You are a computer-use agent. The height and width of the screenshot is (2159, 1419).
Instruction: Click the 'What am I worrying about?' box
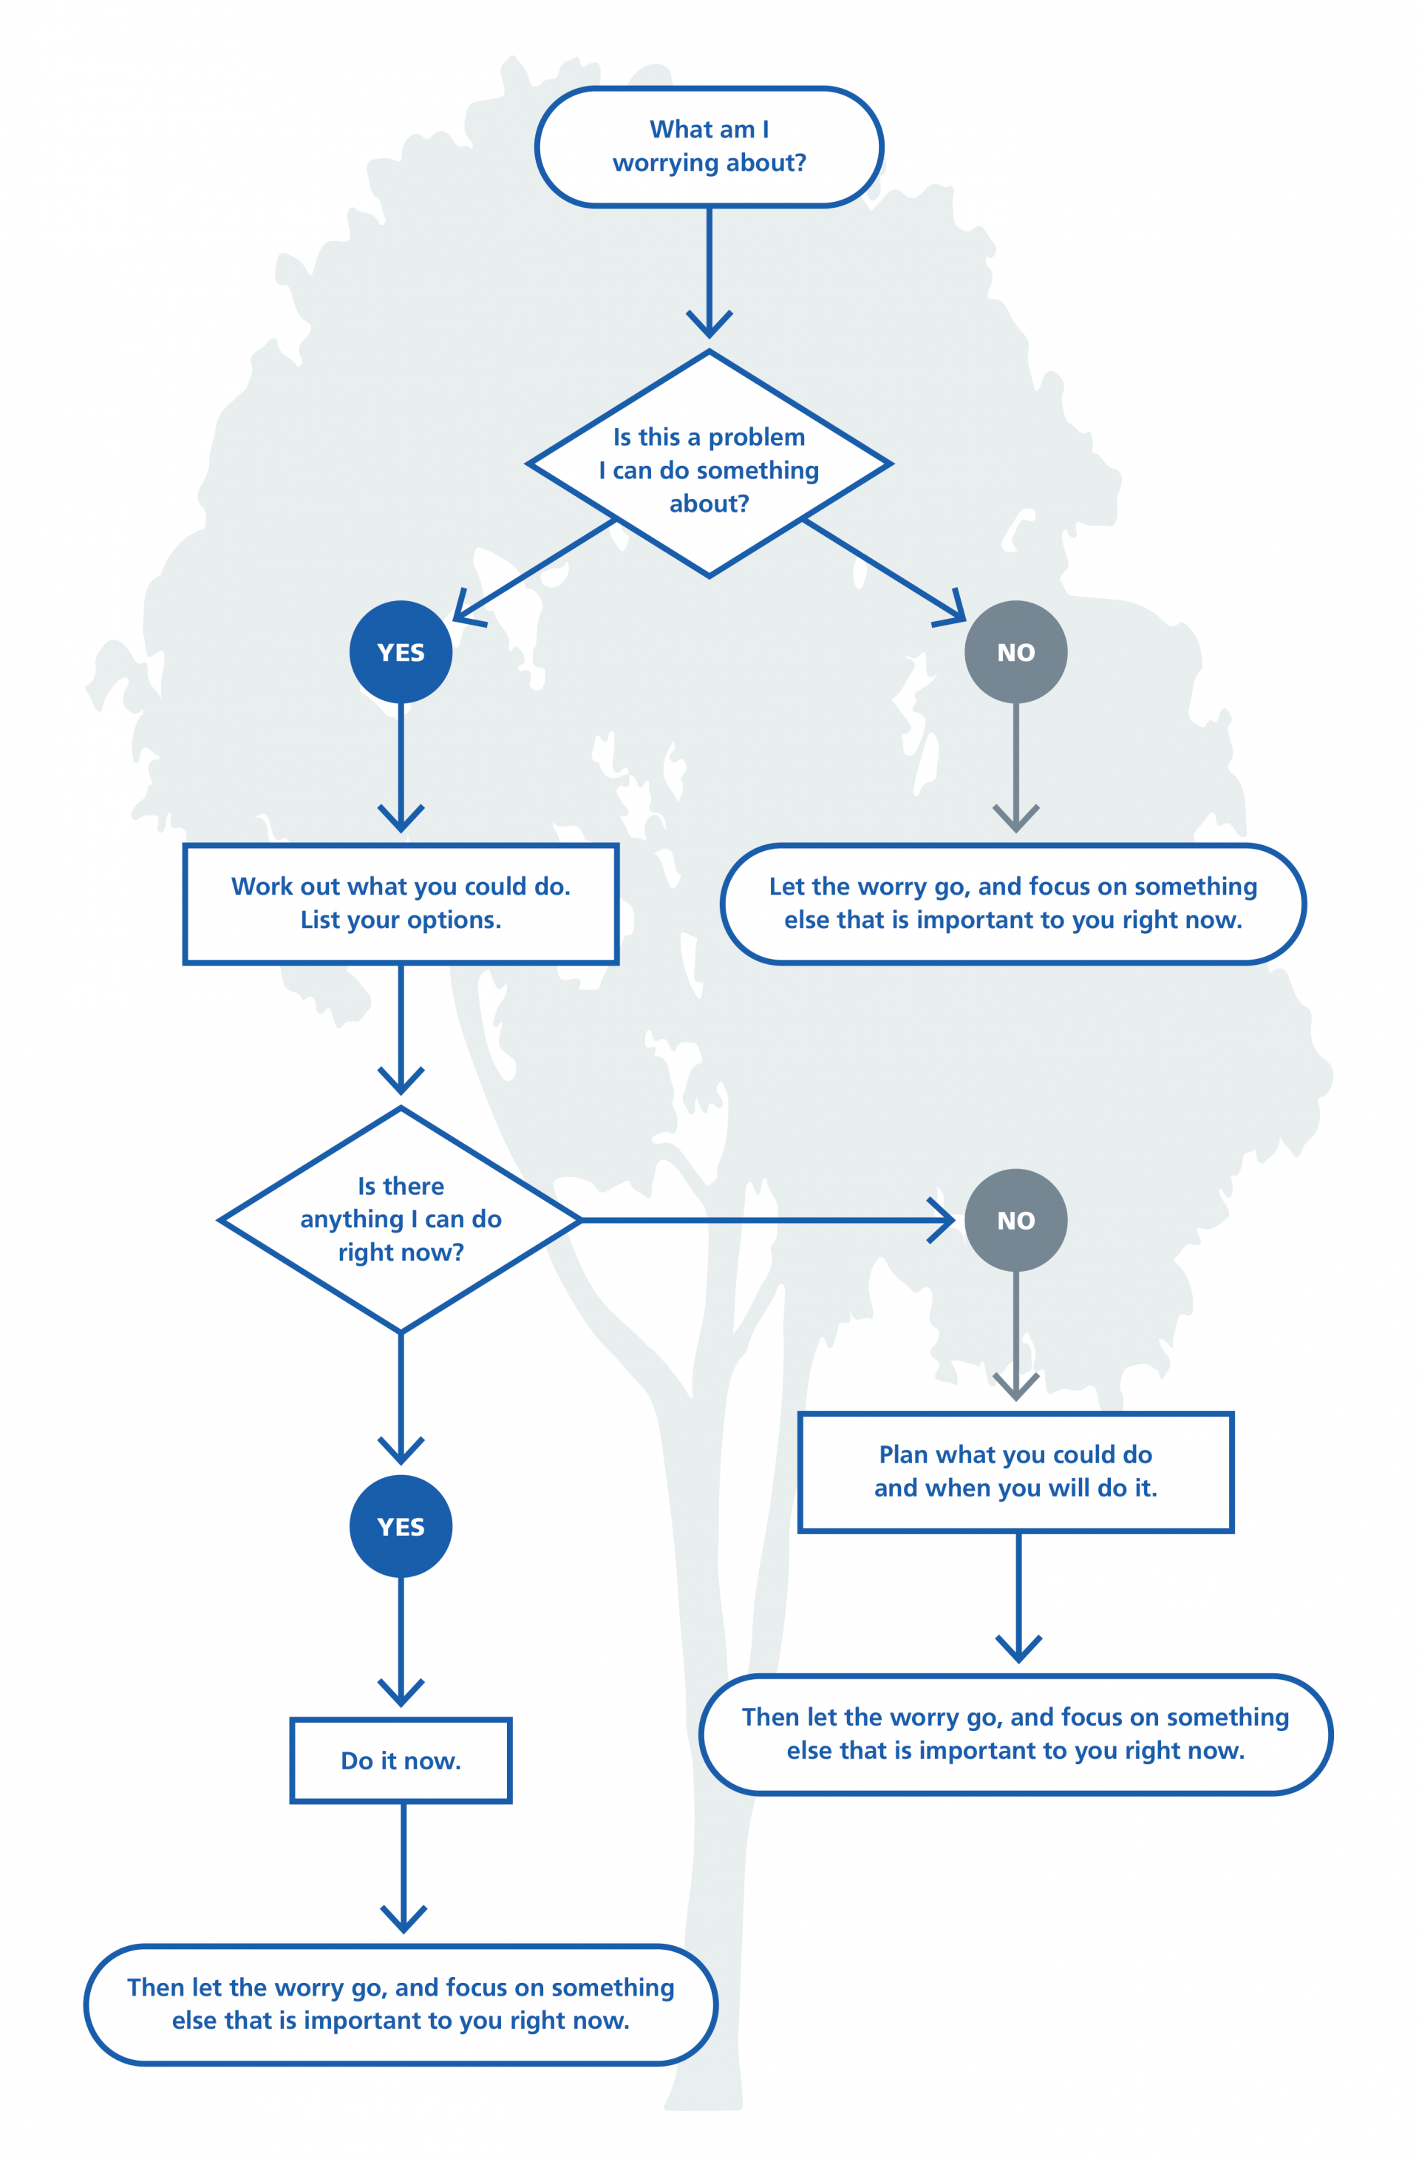click(709, 147)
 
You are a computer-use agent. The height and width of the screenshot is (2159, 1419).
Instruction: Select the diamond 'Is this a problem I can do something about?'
click(709, 464)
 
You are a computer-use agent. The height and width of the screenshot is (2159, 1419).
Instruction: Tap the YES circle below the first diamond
click(401, 651)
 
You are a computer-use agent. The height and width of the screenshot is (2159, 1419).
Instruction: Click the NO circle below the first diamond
click(1015, 651)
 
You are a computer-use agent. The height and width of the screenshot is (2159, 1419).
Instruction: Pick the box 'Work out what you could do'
click(401, 904)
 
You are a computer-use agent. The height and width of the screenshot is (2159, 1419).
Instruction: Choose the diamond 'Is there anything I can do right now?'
click(401, 1220)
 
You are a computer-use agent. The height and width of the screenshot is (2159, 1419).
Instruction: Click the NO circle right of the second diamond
click(1015, 1220)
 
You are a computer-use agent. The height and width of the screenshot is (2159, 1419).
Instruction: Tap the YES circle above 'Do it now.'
click(401, 1526)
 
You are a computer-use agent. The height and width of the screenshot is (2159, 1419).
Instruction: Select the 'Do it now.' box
click(401, 1760)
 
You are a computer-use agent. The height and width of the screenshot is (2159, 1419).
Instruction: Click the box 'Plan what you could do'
click(1015, 1472)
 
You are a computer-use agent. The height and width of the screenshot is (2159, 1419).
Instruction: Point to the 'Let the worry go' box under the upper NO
click(1013, 904)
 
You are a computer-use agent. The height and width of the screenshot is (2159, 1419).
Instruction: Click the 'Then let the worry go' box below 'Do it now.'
click(401, 2004)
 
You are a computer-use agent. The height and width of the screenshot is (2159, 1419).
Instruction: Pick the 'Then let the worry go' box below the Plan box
click(1015, 1735)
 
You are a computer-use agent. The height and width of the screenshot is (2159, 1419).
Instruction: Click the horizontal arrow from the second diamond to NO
click(767, 1220)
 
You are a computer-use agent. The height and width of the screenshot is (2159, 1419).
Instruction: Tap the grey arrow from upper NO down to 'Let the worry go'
click(1015, 767)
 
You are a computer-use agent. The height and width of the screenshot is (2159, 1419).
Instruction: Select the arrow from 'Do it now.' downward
click(404, 1868)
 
